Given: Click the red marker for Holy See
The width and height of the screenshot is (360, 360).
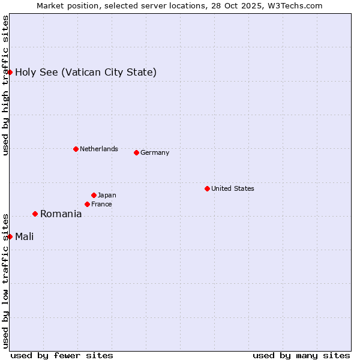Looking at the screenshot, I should (10, 72).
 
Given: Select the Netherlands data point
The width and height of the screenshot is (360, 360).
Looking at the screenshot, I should (76, 149).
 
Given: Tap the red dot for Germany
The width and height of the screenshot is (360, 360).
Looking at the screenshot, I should (136, 152).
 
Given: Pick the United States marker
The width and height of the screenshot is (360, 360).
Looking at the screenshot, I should (207, 188).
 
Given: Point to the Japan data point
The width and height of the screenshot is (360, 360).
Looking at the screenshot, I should (94, 195).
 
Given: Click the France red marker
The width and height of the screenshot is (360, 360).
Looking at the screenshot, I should (87, 204).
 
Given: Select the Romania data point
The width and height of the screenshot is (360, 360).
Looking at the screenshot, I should (35, 214).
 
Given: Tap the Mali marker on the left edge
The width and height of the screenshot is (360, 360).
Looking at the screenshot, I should (10, 236).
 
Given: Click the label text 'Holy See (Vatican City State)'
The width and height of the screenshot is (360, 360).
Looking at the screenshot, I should (86, 73).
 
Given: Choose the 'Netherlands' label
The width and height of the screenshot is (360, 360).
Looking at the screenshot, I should (99, 149).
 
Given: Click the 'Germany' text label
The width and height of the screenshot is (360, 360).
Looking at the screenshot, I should (155, 152).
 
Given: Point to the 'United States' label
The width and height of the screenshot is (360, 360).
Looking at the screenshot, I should (233, 188).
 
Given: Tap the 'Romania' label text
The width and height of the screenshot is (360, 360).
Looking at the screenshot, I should (61, 214).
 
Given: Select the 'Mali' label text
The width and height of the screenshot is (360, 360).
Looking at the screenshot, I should (25, 236).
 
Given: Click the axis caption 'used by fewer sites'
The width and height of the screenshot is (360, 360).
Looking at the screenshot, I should (62, 355).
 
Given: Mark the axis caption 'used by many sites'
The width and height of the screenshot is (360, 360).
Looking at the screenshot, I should (301, 355).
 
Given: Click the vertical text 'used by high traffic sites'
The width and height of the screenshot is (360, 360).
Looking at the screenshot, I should (5, 85).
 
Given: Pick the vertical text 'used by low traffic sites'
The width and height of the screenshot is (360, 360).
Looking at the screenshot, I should (5, 280).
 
